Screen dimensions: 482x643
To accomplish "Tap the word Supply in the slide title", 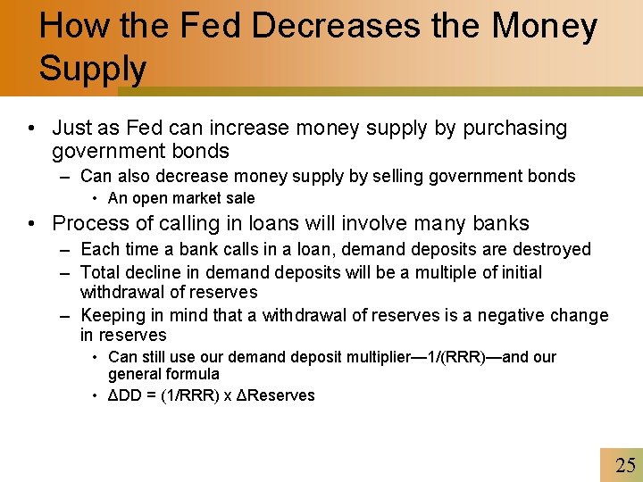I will pyautogui.click(x=93, y=68).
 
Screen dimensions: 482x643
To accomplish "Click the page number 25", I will pyautogui.click(x=625, y=465).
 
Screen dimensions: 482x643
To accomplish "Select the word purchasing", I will pyautogui.click(x=514, y=129).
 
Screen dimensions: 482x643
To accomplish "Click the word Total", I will pyautogui.click(x=101, y=272).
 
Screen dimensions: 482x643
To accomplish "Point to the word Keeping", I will pyautogui.click(x=113, y=315).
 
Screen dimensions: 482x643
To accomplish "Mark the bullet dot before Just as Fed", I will pyautogui.click(x=32, y=129).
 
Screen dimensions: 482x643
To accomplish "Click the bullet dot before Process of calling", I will pyautogui.click(x=32, y=223).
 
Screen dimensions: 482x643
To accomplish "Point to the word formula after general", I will pyautogui.click(x=193, y=374).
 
